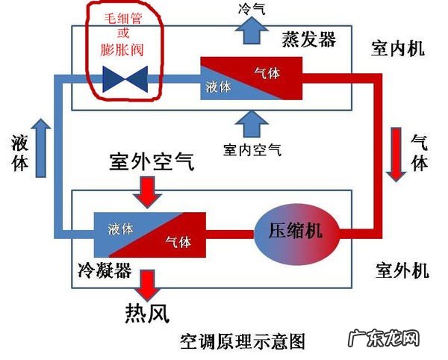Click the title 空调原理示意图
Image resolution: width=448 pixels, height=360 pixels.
point(243,342)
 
